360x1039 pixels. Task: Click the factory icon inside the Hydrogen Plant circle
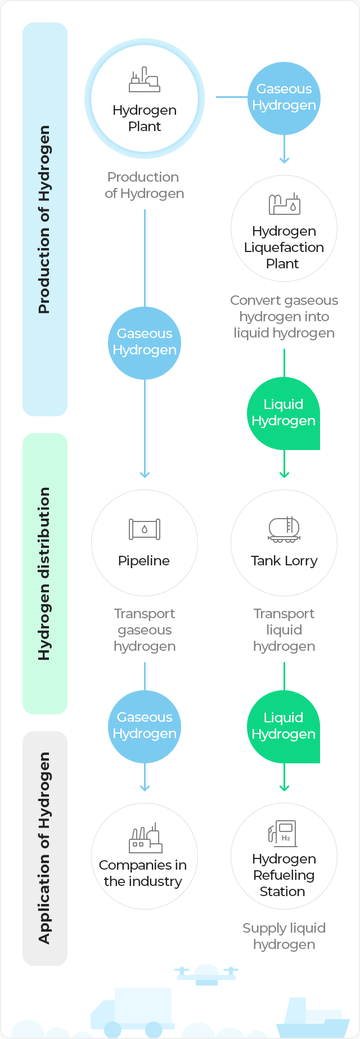[x=145, y=80]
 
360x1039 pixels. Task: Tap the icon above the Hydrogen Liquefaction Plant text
[x=284, y=204]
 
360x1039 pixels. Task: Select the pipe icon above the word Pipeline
[x=145, y=529]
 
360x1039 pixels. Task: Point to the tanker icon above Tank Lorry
[x=284, y=529]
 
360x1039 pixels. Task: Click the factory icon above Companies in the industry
[x=145, y=839]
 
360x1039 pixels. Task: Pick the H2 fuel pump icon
[x=283, y=834]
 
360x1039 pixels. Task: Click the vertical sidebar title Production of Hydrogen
[x=44, y=219]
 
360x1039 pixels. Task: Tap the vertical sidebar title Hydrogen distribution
[x=44, y=573]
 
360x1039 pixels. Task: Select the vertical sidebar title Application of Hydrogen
[x=44, y=848]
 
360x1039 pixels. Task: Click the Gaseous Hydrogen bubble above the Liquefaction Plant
[x=284, y=98]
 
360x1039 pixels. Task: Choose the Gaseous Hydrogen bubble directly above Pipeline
[x=145, y=343]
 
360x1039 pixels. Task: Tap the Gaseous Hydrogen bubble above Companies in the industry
[x=145, y=726]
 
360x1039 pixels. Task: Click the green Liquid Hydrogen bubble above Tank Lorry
[x=283, y=413]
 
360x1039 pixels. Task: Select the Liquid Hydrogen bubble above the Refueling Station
[x=283, y=727]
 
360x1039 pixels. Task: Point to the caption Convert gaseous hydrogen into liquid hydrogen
[x=284, y=317]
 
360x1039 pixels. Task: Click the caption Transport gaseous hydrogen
[x=145, y=630]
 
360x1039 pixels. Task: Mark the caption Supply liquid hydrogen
[x=284, y=937]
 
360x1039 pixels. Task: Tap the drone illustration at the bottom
[x=206, y=974]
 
